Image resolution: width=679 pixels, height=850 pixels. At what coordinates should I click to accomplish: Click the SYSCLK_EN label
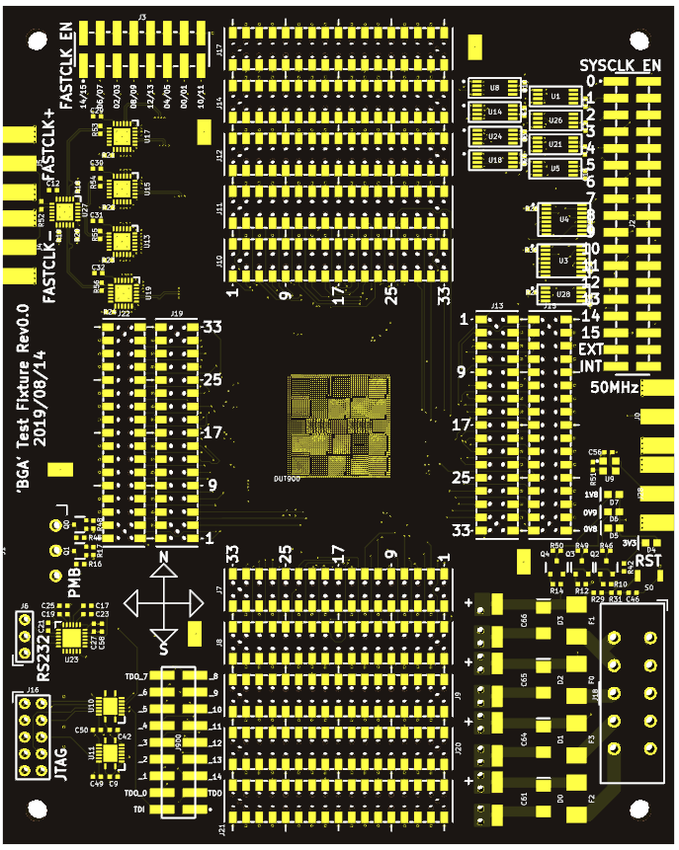tap(620, 65)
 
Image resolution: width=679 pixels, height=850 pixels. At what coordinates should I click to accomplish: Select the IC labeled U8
tap(493, 88)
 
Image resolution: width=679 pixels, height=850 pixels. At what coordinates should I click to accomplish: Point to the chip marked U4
tap(563, 219)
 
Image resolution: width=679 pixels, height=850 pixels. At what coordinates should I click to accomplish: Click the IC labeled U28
tap(562, 294)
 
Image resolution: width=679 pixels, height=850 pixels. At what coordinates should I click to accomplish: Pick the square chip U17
tap(123, 134)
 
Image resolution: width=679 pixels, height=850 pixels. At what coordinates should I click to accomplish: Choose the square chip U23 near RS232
tap(71, 638)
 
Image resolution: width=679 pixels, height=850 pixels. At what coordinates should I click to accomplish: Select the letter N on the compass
tap(164, 557)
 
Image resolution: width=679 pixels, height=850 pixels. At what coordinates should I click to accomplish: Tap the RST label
tap(649, 560)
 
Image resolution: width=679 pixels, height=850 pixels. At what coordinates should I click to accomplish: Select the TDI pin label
tap(138, 810)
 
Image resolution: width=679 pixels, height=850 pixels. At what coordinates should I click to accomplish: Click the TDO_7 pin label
tap(136, 676)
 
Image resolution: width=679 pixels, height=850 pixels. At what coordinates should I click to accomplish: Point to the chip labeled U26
tap(554, 120)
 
